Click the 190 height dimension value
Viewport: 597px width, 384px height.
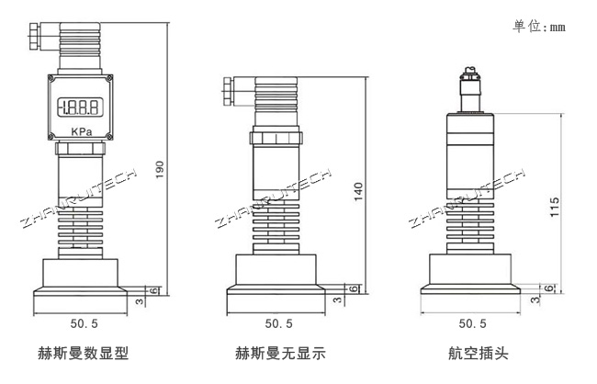(x=161, y=170)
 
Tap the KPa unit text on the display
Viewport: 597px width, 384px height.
(x=81, y=130)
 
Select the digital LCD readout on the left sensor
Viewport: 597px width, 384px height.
(x=80, y=106)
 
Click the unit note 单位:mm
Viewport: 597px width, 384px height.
(x=539, y=27)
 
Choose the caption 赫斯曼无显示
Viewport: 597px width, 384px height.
(x=280, y=353)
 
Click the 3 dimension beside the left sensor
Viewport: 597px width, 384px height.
(x=139, y=300)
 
